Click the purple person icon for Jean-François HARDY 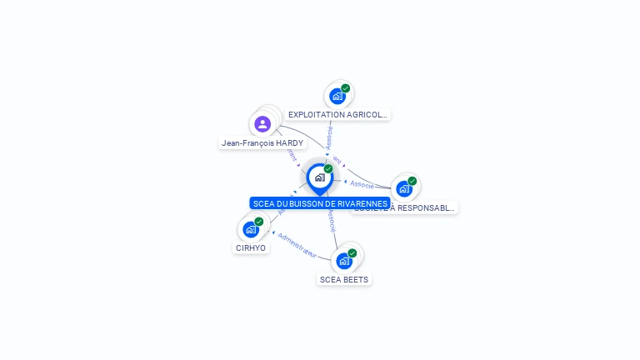point(262,124)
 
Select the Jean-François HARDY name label point(262,143)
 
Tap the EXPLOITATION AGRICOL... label point(337,114)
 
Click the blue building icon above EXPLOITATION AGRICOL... point(337,96)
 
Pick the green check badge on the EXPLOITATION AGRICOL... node point(345,88)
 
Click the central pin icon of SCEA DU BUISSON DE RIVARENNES point(319,177)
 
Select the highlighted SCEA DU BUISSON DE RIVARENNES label point(320,203)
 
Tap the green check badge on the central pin point(328,169)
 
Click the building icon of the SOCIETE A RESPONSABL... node point(404,188)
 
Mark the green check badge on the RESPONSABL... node point(412,181)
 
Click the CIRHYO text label point(251,247)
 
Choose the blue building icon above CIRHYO point(251,229)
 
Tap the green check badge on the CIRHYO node point(259,222)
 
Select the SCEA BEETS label point(344,279)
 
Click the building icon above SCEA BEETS point(343,261)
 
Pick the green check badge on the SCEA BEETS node point(352,253)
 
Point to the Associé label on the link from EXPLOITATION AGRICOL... point(329,137)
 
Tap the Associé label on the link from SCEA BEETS point(332,220)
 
